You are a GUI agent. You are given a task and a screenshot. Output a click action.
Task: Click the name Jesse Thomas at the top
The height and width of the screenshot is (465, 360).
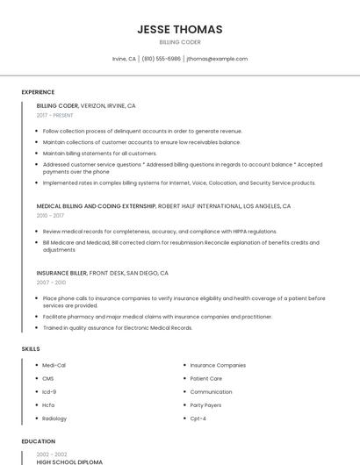coord(180,29)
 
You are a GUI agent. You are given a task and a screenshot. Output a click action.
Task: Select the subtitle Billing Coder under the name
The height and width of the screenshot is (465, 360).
coord(180,42)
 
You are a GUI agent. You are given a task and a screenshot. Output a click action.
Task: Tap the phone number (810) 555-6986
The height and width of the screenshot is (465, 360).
coord(161,59)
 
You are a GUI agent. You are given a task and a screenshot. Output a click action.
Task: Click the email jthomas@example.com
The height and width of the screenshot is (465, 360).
coord(217,59)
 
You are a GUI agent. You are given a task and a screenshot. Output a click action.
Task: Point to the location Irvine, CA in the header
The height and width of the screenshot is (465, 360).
coord(124,59)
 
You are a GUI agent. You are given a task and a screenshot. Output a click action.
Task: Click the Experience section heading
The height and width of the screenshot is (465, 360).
coord(38,92)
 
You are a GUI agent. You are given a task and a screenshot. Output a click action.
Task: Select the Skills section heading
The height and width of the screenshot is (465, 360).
coord(31,349)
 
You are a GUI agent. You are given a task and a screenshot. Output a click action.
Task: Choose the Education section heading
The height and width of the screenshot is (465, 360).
coord(38,441)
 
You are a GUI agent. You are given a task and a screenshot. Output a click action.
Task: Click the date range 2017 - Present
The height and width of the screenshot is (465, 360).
coord(55,116)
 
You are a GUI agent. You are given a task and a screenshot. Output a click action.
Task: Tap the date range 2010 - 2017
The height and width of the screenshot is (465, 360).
coord(50,215)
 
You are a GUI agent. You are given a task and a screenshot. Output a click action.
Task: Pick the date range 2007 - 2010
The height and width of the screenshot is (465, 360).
coord(51,283)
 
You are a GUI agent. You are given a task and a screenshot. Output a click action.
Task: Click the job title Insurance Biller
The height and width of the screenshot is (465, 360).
coord(61,273)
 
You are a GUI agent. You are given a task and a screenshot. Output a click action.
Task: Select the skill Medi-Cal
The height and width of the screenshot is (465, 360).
coord(54,365)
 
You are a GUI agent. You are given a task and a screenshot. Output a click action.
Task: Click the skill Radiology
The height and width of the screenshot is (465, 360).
coord(54,418)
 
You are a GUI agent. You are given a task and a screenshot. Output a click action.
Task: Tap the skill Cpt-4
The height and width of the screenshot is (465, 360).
coord(198,418)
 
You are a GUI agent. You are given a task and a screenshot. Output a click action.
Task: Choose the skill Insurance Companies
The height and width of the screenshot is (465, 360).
coord(218,365)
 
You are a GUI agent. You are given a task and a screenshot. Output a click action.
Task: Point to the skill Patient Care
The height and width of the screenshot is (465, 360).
coord(206,378)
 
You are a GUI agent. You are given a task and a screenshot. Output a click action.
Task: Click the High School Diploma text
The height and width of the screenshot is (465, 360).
coord(69,461)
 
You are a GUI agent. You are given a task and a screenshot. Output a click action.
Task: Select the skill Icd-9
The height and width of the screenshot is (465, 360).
coord(49,391)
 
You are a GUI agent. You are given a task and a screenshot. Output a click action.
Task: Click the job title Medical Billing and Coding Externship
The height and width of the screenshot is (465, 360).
coord(96,205)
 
